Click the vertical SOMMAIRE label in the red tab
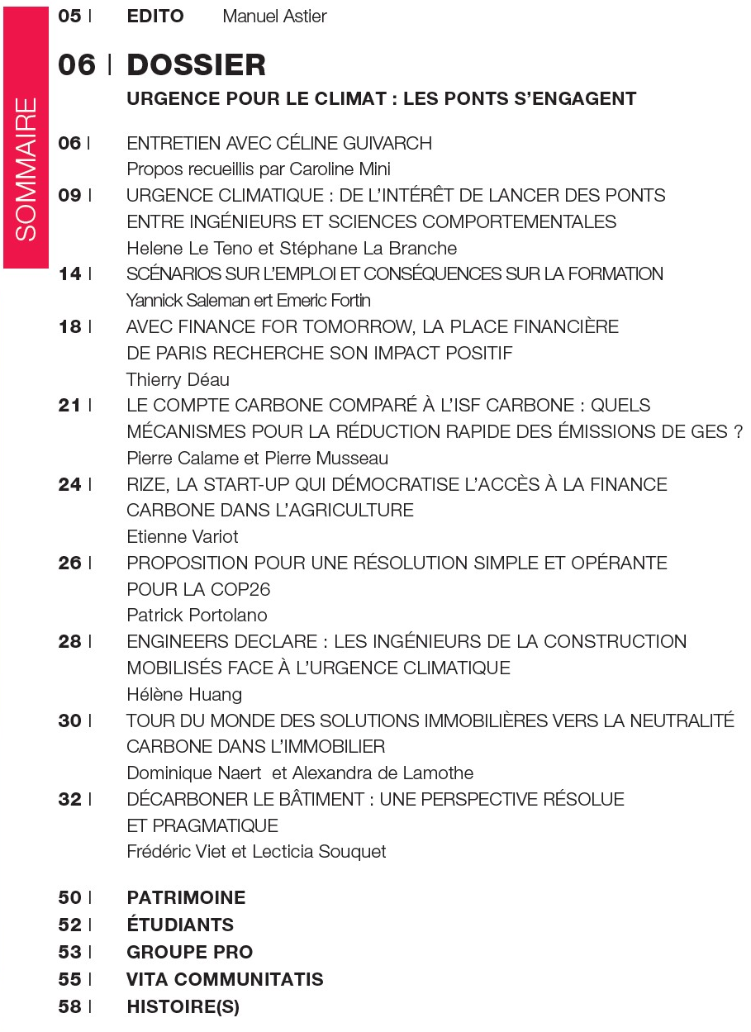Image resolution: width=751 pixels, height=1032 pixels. click(x=26, y=170)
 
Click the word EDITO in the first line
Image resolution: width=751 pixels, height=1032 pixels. click(x=155, y=17)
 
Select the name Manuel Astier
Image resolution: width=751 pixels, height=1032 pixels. click(x=274, y=17)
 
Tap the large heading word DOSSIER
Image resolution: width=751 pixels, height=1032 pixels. click(x=196, y=64)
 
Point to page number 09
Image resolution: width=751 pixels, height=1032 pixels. click(x=70, y=196)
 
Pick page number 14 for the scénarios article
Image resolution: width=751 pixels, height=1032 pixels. click(x=70, y=274)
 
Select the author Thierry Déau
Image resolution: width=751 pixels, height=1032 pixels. click(x=178, y=379)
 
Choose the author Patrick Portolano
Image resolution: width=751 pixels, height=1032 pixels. click(x=197, y=616)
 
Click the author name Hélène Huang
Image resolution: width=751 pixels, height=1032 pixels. click(x=184, y=694)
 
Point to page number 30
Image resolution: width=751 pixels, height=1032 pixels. click(x=70, y=720)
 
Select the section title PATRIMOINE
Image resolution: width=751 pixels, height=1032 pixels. click(x=186, y=898)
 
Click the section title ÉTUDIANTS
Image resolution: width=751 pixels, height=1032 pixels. click(x=180, y=925)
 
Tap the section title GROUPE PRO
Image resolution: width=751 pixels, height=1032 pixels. click(x=189, y=953)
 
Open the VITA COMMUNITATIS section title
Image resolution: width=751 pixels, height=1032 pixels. click(x=225, y=980)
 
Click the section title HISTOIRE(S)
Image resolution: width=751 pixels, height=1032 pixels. click(x=183, y=1007)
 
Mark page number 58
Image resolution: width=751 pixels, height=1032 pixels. click(x=70, y=1007)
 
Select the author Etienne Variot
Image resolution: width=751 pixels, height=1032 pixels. click(x=183, y=537)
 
